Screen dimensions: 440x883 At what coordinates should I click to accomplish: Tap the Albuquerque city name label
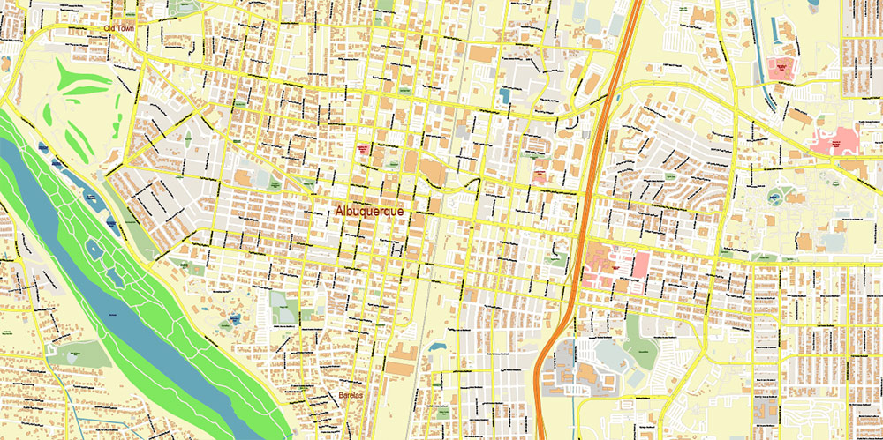(x=375, y=213)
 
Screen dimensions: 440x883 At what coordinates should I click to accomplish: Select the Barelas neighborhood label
(x=351, y=395)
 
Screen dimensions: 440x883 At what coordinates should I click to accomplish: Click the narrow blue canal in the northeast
(x=762, y=66)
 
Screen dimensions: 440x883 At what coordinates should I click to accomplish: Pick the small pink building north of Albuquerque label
(x=363, y=149)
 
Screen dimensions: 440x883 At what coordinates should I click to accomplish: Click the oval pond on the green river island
(x=94, y=250)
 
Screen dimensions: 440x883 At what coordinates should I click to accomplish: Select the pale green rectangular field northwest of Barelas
(x=284, y=309)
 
